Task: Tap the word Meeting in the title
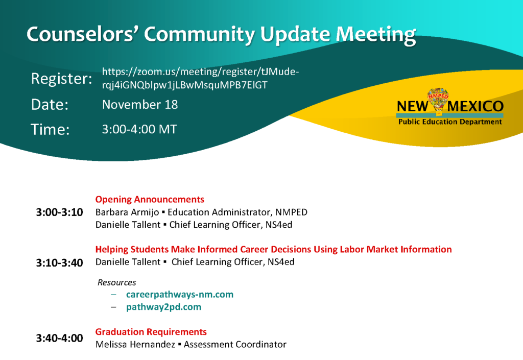[x=376, y=35]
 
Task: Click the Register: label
[x=62, y=79]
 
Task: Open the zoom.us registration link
[x=200, y=78]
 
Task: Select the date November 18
[x=140, y=105]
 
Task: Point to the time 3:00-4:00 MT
[x=139, y=129]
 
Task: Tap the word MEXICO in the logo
[x=476, y=106]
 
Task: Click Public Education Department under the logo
[x=450, y=122]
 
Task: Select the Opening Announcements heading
[x=150, y=199]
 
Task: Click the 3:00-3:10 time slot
[x=60, y=212]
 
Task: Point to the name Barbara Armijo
[x=127, y=212]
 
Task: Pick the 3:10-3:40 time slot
[x=60, y=263]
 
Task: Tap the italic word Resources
[x=117, y=283]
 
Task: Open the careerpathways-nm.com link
[x=180, y=295]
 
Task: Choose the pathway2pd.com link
[x=164, y=307]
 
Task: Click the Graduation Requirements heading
[x=151, y=332]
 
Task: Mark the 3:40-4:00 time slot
[x=60, y=339]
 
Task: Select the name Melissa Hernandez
[x=135, y=344]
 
